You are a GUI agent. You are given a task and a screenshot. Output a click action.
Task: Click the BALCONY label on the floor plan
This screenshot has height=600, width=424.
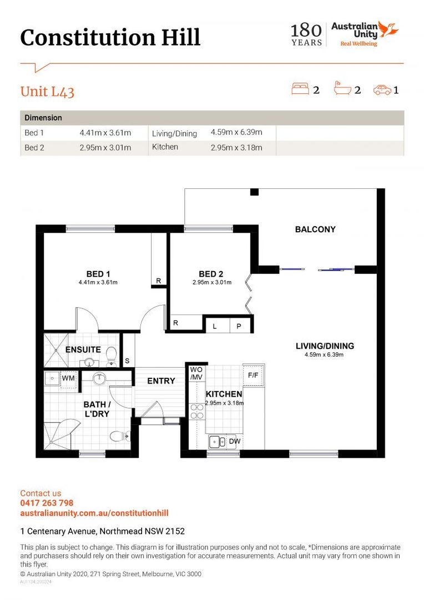(315, 229)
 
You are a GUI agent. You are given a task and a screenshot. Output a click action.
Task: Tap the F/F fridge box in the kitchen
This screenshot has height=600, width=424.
(253, 376)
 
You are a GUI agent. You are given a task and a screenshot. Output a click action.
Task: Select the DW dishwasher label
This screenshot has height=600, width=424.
(234, 442)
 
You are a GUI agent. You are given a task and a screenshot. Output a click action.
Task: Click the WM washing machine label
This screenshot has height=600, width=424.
(68, 378)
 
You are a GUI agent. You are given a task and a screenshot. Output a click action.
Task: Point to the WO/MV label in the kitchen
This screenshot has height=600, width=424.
(196, 373)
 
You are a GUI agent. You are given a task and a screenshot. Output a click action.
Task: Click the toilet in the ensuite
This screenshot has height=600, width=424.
(112, 354)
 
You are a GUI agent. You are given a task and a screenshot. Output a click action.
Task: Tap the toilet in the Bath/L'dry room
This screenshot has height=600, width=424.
(118, 436)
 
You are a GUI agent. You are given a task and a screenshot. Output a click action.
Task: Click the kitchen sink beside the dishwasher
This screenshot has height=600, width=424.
(216, 442)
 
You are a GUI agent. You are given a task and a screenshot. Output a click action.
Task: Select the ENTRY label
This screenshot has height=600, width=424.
(161, 381)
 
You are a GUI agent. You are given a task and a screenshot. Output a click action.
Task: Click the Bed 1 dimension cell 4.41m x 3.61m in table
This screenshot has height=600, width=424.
(105, 133)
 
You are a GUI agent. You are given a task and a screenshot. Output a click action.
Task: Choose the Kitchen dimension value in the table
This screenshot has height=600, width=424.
(236, 147)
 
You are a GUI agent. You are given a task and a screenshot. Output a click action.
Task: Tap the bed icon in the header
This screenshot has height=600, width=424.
(300, 89)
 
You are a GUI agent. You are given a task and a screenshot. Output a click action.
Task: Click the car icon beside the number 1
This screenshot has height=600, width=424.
(382, 89)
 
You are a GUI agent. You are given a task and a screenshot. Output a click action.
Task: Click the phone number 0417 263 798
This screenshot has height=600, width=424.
(47, 503)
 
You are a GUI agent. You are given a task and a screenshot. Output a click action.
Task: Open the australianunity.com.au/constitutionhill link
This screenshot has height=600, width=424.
(94, 513)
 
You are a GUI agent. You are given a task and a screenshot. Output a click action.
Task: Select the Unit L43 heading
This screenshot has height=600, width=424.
(47, 92)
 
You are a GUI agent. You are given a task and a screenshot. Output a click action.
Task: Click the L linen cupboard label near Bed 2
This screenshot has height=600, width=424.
(215, 327)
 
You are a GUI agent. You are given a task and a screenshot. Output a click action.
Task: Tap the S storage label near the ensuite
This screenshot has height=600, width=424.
(127, 361)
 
